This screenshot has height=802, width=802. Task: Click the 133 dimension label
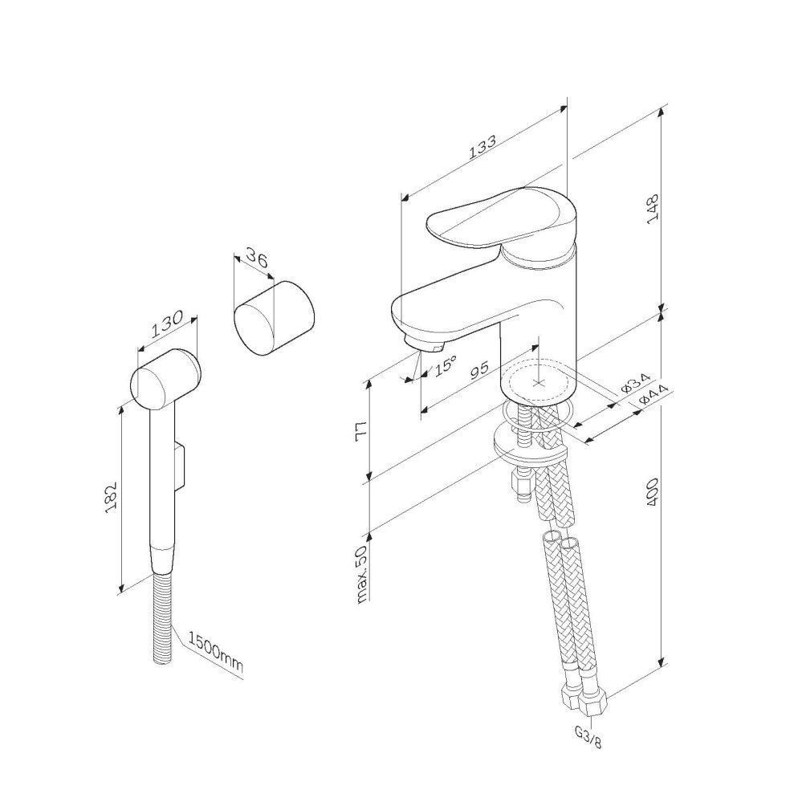[x=482, y=146]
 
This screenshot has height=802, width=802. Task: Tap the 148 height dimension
[x=653, y=208]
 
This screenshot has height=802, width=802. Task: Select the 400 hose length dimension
[x=653, y=492]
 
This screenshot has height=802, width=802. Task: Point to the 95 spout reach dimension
[x=479, y=369]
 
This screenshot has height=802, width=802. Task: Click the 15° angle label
[x=445, y=366]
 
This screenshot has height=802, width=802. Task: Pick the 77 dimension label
[x=361, y=432]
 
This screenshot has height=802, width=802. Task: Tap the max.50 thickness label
[x=361, y=574]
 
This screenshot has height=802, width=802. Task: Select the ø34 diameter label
[x=636, y=383]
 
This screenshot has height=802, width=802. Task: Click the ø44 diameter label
[x=653, y=394]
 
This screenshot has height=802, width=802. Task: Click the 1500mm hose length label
[x=215, y=652]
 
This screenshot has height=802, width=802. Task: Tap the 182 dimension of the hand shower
[x=112, y=497]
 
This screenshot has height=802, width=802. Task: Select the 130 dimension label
[x=166, y=324]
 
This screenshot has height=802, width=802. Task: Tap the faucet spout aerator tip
[x=421, y=344]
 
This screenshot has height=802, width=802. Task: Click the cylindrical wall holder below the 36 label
[x=274, y=318]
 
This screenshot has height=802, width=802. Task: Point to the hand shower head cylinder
[x=166, y=378]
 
